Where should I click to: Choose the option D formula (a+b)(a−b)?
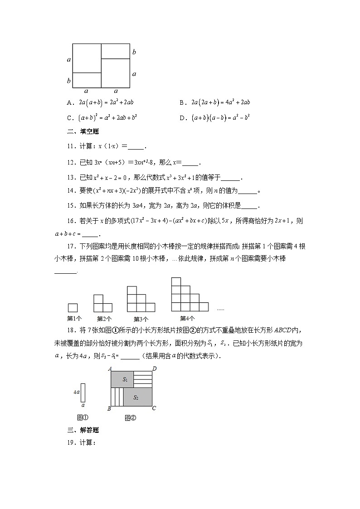point(221,117)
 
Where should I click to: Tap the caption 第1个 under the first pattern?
point(74,318)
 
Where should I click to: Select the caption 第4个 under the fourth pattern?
point(187,318)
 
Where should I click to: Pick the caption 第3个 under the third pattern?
point(141,319)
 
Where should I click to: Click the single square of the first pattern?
point(73,307)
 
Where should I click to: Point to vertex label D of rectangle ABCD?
point(155,368)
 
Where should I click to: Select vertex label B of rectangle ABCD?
point(109,409)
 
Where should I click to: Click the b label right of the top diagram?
point(134,53)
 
